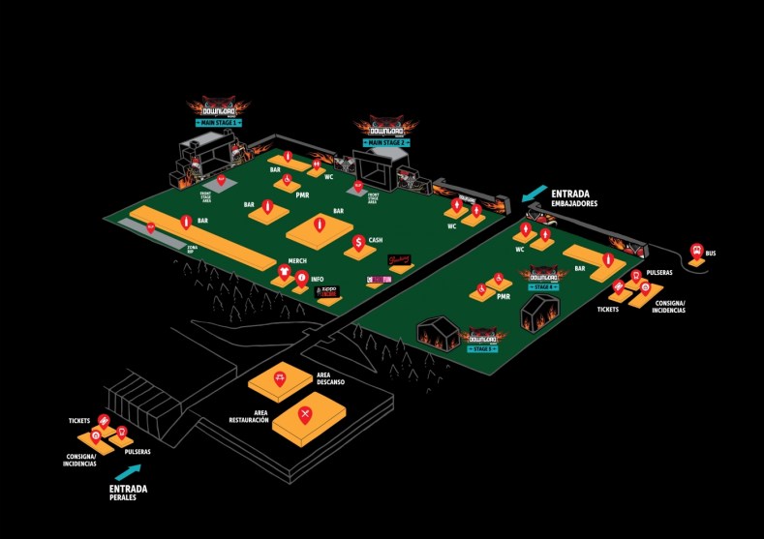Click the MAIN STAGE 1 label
[x=219, y=124]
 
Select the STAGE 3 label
[x=482, y=348]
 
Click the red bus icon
[x=695, y=253]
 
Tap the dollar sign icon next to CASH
[x=358, y=242]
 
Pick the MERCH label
[x=297, y=260]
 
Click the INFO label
[x=317, y=280]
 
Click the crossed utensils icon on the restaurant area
[x=305, y=416]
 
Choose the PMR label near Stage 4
[x=503, y=297]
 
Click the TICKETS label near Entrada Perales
[x=79, y=421]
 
